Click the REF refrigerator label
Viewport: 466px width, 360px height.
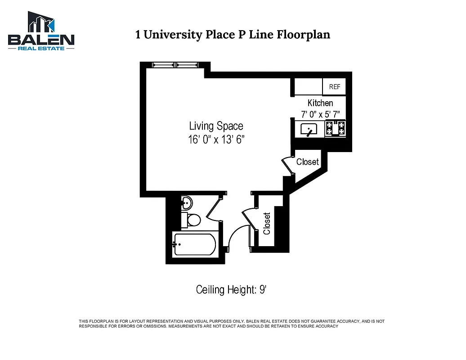pyautogui.click(x=334, y=87)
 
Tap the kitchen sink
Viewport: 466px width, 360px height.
pyautogui.click(x=309, y=130)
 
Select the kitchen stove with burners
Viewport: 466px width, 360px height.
pyautogui.click(x=335, y=129)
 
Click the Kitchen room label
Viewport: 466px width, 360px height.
pyautogui.click(x=320, y=103)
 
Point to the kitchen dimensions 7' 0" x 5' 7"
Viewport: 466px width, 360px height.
pyautogui.click(x=320, y=114)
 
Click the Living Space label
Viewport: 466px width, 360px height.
pyautogui.click(x=216, y=126)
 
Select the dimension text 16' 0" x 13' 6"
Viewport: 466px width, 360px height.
pyautogui.click(x=216, y=140)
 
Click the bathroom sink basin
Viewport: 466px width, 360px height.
pyautogui.click(x=186, y=203)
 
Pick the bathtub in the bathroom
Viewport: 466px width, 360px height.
pyautogui.click(x=195, y=244)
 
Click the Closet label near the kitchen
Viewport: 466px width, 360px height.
pyautogui.click(x=307, y=162)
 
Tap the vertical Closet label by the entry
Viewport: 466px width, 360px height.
pyautogui.click(x=267, y=224)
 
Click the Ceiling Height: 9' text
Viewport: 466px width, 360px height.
pyautogui.click(x=231, y=290)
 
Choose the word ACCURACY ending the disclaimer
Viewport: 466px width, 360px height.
pyautogui.click(x=326, y=326)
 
